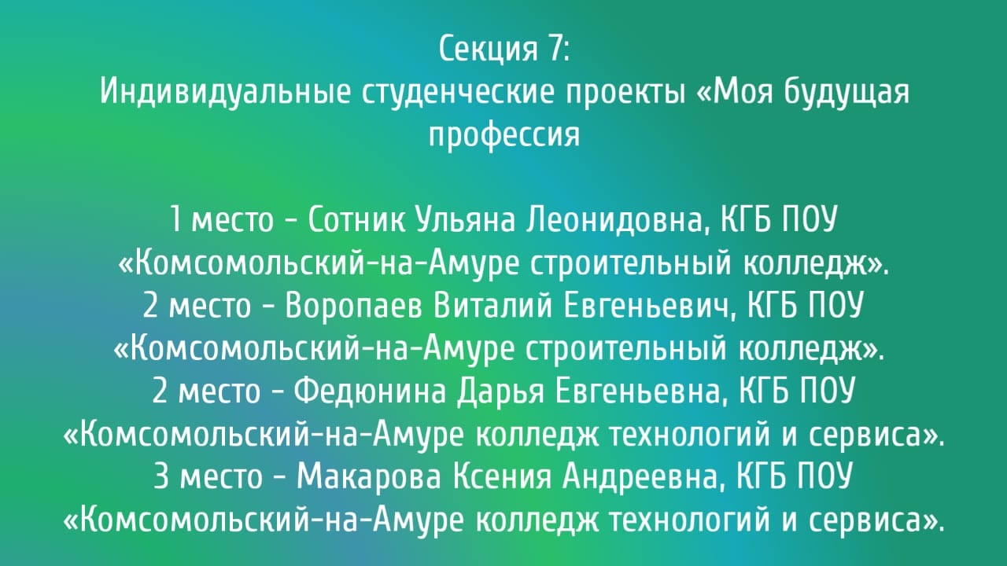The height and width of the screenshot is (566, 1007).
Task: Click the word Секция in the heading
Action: tap(488, 49)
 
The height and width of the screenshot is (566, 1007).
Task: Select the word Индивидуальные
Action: tap(225, 92)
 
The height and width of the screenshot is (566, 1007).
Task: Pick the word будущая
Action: tap(846, 92)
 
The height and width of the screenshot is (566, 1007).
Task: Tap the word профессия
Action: tap(504, 134)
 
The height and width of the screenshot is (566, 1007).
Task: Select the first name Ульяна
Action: tap(465, 220)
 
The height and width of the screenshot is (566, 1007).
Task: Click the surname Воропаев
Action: tap(354, 307)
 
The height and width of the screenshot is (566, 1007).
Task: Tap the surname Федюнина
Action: tap(370, 391)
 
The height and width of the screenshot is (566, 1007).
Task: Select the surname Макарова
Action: tap(369, 476)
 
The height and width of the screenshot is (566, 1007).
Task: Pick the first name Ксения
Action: tap(502, 476)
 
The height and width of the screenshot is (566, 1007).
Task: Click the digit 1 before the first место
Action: tap(175, 219)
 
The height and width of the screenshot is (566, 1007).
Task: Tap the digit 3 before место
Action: tap(161, 476)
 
